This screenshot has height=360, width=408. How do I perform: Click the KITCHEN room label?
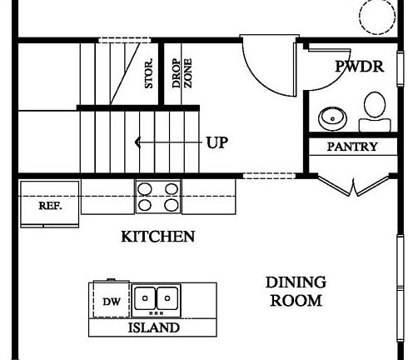158,237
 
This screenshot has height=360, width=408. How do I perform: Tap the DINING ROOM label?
296,292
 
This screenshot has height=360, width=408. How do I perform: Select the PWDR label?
360,67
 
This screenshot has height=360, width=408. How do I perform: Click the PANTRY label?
351,147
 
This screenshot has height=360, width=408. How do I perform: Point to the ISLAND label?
153,327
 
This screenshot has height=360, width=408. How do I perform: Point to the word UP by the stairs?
216,142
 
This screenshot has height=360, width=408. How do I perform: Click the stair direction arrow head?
139,142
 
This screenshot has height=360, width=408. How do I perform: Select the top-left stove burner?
144,188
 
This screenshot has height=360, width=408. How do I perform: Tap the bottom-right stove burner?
171,203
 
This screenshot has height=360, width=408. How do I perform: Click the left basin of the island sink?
146,297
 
